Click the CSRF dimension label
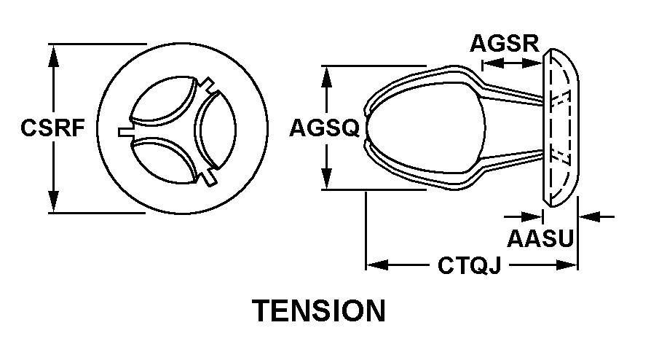52,128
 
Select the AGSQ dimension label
324,128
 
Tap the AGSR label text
505,43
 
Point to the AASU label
540,238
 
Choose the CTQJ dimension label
470,265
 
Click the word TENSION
319,310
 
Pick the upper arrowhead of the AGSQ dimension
327,77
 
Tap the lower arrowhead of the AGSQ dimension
327,178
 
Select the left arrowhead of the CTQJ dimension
377,265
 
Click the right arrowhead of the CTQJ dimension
567,265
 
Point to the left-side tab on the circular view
125,132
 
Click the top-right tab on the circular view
208,84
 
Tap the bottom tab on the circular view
209,178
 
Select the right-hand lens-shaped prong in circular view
215,129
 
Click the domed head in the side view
560,128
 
